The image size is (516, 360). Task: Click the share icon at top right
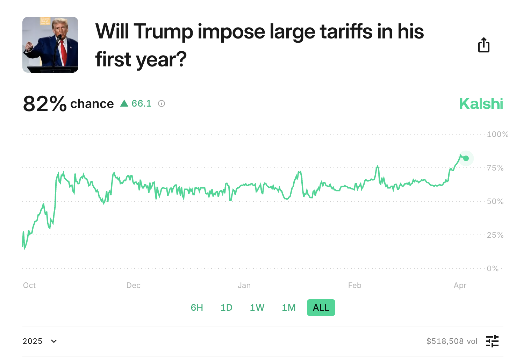484,45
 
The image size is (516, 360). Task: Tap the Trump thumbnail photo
50,45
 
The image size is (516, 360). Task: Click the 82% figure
45,104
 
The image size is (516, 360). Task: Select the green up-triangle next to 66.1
124,103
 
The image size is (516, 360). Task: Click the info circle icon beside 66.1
162,103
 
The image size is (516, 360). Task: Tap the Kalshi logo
481,104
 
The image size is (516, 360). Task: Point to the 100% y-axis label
497,134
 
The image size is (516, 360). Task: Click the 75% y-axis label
495,168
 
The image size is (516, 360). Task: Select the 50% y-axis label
495,201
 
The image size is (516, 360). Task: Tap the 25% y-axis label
495,235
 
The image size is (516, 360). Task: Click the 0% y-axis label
493,268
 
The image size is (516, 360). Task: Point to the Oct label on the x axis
29,285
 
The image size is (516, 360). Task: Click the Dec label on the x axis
133,285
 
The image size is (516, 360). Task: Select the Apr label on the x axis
460,285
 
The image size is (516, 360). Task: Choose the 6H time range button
197,308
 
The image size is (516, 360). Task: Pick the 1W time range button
257,308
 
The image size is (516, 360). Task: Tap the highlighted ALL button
321,308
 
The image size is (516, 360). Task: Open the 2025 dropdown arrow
54,341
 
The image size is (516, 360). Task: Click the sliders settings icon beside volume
492,341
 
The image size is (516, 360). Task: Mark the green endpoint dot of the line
466,158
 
